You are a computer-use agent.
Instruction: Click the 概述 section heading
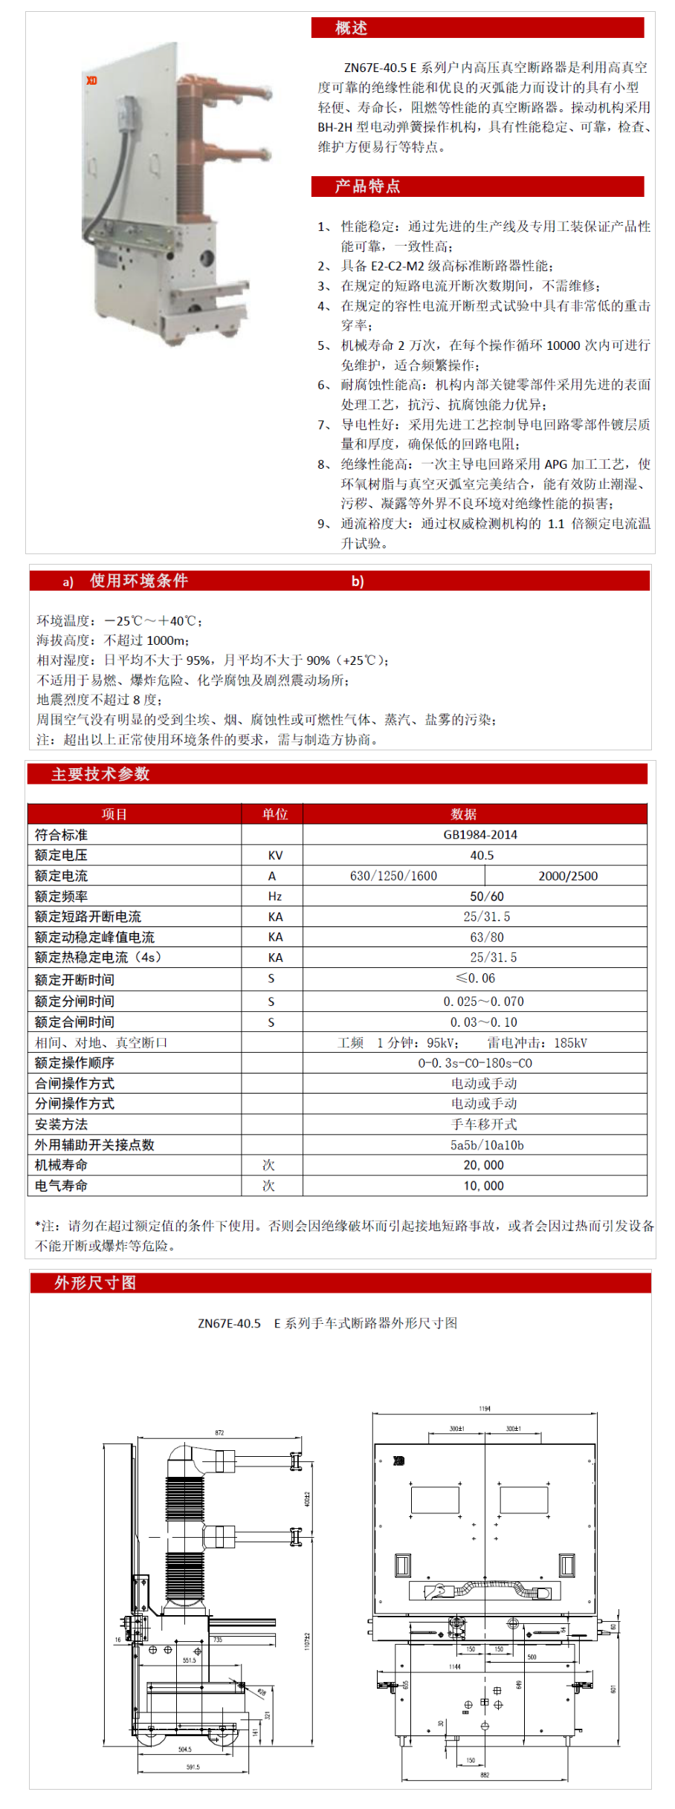351,28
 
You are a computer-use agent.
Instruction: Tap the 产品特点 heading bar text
367,186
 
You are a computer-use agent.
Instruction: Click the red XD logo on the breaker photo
91,80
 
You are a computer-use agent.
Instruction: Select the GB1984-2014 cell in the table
480,834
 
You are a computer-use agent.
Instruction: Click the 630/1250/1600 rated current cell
393,876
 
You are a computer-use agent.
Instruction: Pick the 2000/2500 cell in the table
568,876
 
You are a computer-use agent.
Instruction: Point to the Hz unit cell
275,897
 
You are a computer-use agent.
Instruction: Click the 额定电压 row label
61,855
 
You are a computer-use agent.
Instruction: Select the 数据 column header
464,814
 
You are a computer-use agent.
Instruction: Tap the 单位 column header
275,814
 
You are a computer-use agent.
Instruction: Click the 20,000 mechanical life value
483,1165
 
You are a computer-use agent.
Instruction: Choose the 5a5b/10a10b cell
487,1145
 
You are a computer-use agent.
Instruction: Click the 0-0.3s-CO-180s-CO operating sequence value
475,1063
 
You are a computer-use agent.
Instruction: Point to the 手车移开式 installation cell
484,1124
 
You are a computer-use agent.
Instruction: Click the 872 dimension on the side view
219,1432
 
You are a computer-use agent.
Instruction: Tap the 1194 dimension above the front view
485,1409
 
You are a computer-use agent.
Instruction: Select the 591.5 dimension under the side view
193,1767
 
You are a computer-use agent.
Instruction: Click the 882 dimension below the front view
485,1775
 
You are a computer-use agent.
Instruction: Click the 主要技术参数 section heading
100,774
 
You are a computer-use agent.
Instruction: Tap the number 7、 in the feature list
324,425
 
